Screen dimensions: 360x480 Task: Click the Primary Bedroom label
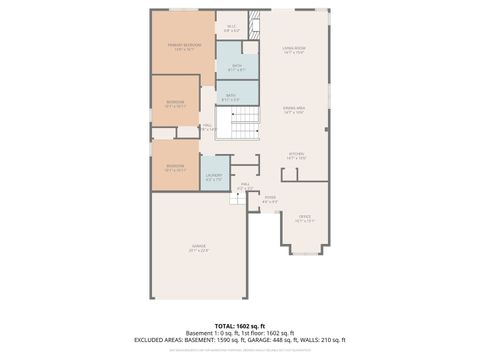(183, 47)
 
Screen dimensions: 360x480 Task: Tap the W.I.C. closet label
(231, 29)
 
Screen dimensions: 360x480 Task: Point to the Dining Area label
(293, 110)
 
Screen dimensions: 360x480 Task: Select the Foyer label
(270, 199)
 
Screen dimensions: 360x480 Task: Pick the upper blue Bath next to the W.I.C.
(236, 68)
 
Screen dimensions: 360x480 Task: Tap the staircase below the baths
(245, 124)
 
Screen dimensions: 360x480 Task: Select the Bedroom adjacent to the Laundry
(175, 167)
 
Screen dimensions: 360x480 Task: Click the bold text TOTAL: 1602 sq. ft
(240, 326)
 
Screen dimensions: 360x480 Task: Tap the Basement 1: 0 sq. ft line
(240, 333)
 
